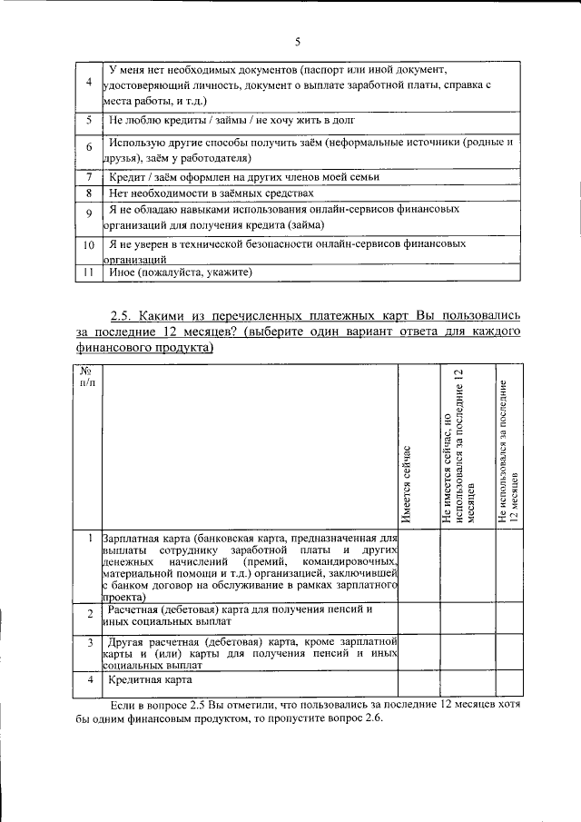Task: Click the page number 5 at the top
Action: (x=297, y=41)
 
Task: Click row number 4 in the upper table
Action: (x=88, y=84)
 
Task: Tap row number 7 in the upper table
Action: (x=88, y=177)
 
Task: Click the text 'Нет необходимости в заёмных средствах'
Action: (x=211, y=193)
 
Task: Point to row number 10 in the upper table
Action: (x=88, y=245)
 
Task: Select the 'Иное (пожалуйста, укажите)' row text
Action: (x=180, y=272)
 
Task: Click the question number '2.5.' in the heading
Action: (x=123, y=316)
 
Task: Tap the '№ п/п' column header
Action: (x=88, y=377)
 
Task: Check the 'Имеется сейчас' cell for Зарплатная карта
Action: (x=419, y=568)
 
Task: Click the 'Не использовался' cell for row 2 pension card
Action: (x=508, y=617)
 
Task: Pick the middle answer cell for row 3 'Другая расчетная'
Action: (x=467, y=652)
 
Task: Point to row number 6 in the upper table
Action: (x=88, y=148)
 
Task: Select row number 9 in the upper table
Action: (x=88, y=214)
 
